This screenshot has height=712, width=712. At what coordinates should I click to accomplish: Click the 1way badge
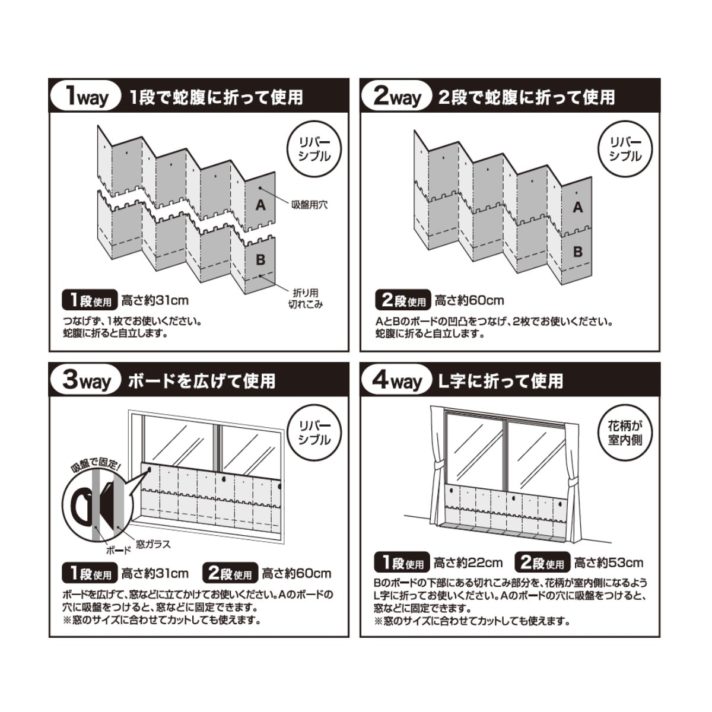tap(85, 97)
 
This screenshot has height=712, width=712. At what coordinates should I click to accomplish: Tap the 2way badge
tap(397, 97)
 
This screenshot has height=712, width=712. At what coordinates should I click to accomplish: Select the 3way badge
tap(85, 380)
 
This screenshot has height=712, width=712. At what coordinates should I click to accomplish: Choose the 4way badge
tap(397, 380)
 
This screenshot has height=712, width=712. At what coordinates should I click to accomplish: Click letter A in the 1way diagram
tap(260, 205)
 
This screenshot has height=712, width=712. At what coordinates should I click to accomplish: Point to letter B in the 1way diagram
tap(260, 260)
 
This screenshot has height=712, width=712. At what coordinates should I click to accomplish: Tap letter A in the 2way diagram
tap(577, 208)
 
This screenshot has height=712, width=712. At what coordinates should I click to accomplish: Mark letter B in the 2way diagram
tap(577, 252)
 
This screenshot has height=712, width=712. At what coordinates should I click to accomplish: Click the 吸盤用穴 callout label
tap(310, 205)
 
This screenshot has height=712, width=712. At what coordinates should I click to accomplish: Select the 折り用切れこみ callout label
tap(306, 298)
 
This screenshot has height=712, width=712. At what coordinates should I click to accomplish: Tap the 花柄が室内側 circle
tap(625, 433)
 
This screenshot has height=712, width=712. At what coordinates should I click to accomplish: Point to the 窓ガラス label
tap(153, 544)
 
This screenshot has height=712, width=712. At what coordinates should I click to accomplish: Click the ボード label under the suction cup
tap(119, 551)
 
